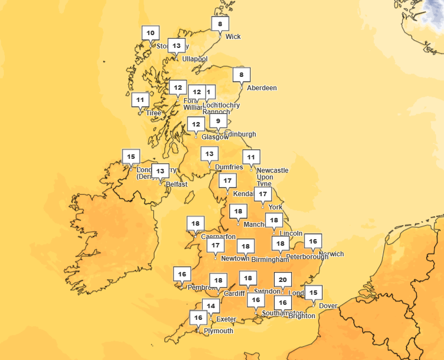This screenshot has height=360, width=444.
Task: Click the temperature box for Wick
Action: click(220, 24)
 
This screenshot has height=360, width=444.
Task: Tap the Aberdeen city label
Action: click(261, 88)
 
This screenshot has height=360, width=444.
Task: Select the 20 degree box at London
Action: click(283, 280)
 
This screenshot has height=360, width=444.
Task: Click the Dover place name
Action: click(328, 306)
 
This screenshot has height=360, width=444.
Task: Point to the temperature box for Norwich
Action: click(313, 241)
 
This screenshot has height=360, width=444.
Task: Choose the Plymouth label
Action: click(218, 331)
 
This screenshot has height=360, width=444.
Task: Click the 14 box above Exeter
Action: click(210, 305)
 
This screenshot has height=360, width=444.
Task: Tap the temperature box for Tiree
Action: click(140, 100)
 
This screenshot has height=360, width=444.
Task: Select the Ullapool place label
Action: click(194, 59)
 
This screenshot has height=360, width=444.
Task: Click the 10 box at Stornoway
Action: click(150, 33)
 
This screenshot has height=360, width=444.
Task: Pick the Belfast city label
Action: click(176, 184)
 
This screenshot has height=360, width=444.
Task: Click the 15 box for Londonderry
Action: click(131, 157)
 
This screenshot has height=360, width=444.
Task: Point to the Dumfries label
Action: click(229, 167)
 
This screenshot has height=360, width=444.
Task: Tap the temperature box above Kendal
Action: click(227, 181)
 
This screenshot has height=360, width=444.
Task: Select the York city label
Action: click(275, 207)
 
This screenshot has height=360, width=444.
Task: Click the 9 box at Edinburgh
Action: click(218, 121)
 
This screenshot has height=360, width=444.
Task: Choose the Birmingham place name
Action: click(270, 260)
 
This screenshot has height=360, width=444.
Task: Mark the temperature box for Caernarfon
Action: click(195, 223)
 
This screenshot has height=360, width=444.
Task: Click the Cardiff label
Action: click(234, 294)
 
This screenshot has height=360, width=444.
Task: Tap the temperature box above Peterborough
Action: click(281, 244)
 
